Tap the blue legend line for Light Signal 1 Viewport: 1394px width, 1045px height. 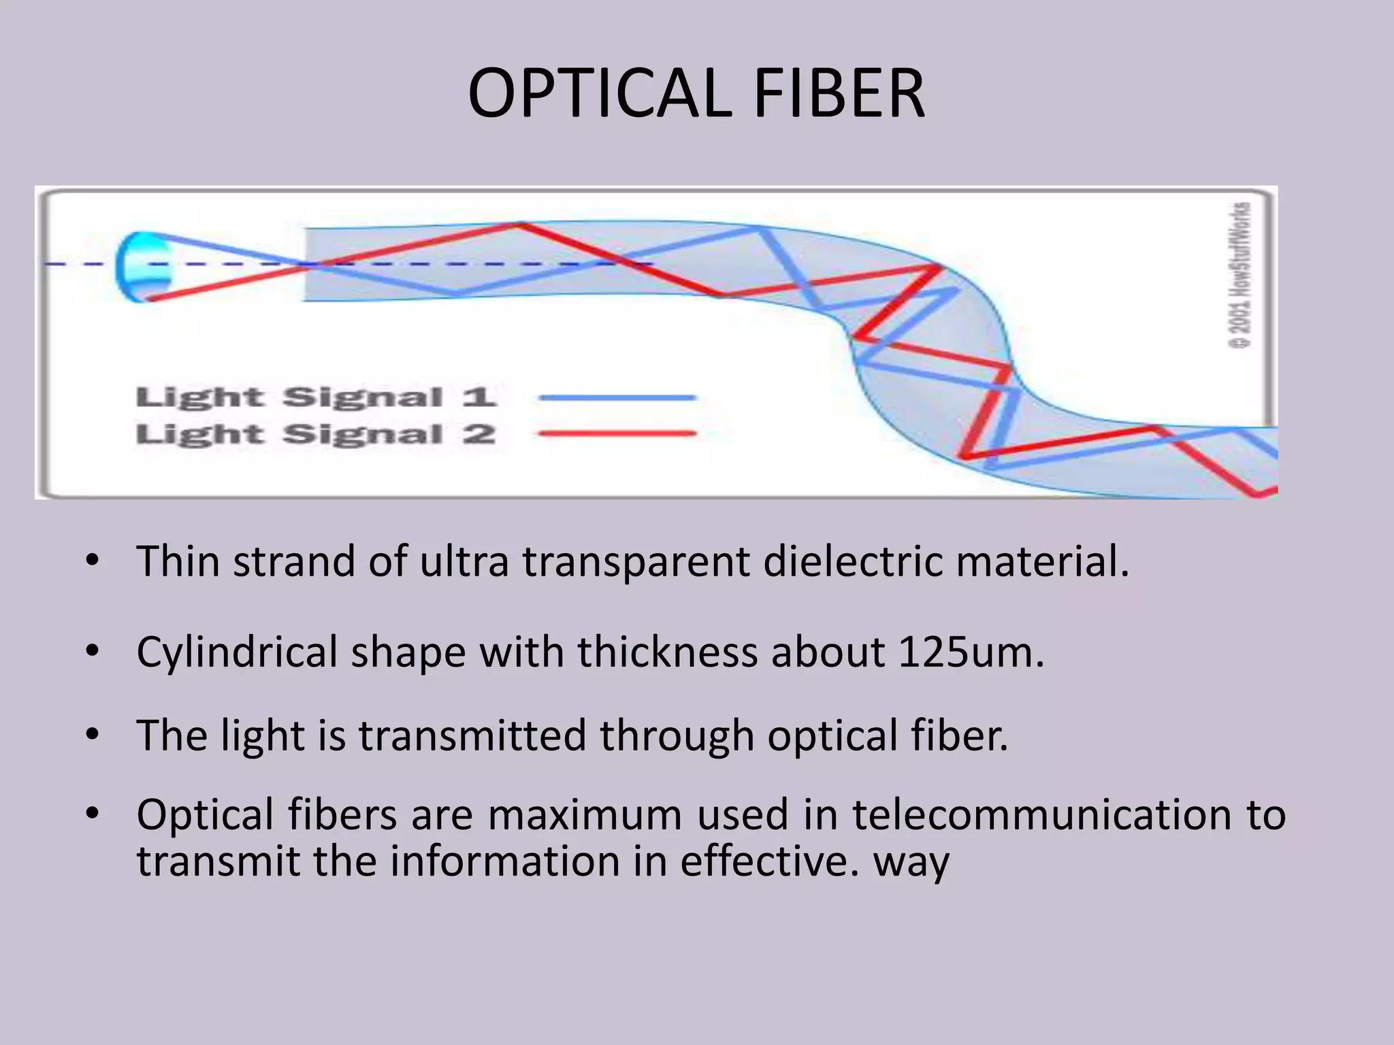(617, 398)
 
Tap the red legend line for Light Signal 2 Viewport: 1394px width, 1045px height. (617, 433)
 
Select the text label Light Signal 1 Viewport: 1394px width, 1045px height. (316, 397)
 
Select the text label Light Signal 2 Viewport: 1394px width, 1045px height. (316, 434)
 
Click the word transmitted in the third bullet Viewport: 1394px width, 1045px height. (472, 735)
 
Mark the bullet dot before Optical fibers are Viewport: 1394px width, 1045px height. (93, 813)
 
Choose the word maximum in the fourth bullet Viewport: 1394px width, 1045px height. (585, 816)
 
